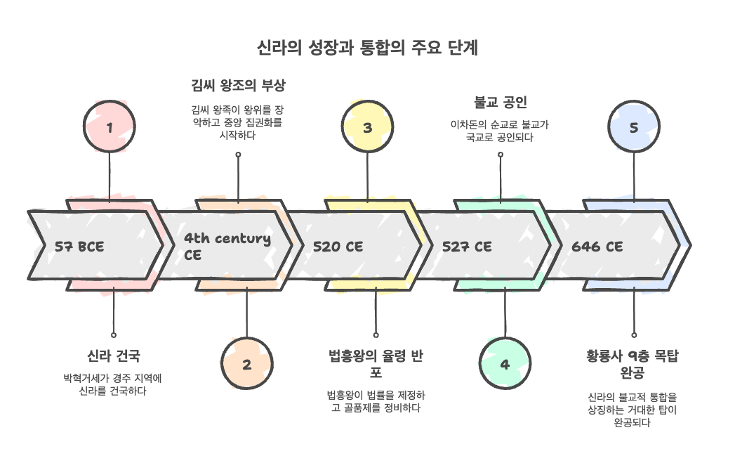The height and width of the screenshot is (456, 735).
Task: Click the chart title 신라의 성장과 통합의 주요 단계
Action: [367, 48]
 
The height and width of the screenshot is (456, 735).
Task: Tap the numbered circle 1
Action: [109, 127]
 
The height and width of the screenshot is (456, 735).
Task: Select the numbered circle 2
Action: [246, 364]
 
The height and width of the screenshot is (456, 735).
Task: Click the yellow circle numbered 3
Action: [367, 127]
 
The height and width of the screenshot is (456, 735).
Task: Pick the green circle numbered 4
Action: [504, 364]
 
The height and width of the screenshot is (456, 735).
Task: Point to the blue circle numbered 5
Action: [634, 127]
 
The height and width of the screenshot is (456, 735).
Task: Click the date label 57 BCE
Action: [79, 246]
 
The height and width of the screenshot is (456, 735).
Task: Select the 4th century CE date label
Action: [227, 246]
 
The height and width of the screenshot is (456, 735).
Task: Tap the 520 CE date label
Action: [338, 246]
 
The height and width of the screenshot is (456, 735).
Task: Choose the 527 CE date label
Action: [467, 246]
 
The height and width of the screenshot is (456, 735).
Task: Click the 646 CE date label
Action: [597, 246]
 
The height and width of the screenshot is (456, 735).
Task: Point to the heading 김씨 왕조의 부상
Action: [238, 86]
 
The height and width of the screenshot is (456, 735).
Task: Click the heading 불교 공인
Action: [500, 103]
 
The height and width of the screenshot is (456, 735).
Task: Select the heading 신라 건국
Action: [113, 356]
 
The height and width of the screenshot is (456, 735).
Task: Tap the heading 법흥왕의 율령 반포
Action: [376, 363]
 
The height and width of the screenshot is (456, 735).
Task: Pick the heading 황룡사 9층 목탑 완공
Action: [633, 363]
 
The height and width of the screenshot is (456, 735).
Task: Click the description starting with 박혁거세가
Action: [113, 384]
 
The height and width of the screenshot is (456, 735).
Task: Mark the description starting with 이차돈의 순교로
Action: [500, 131]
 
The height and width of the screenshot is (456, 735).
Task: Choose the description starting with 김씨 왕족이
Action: [238, 122]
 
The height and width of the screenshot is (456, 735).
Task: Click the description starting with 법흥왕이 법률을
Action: [376, 400]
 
